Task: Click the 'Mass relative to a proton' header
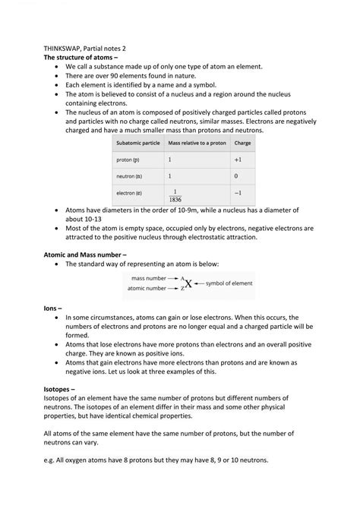(x=196, y=143)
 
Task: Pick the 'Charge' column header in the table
(x=242, y=143)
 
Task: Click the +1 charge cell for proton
(x=238, y=160)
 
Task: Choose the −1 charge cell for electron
(x=238, y=193)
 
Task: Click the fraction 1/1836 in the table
(x=175, y=194)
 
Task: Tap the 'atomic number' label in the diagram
(x=144, y=289)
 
